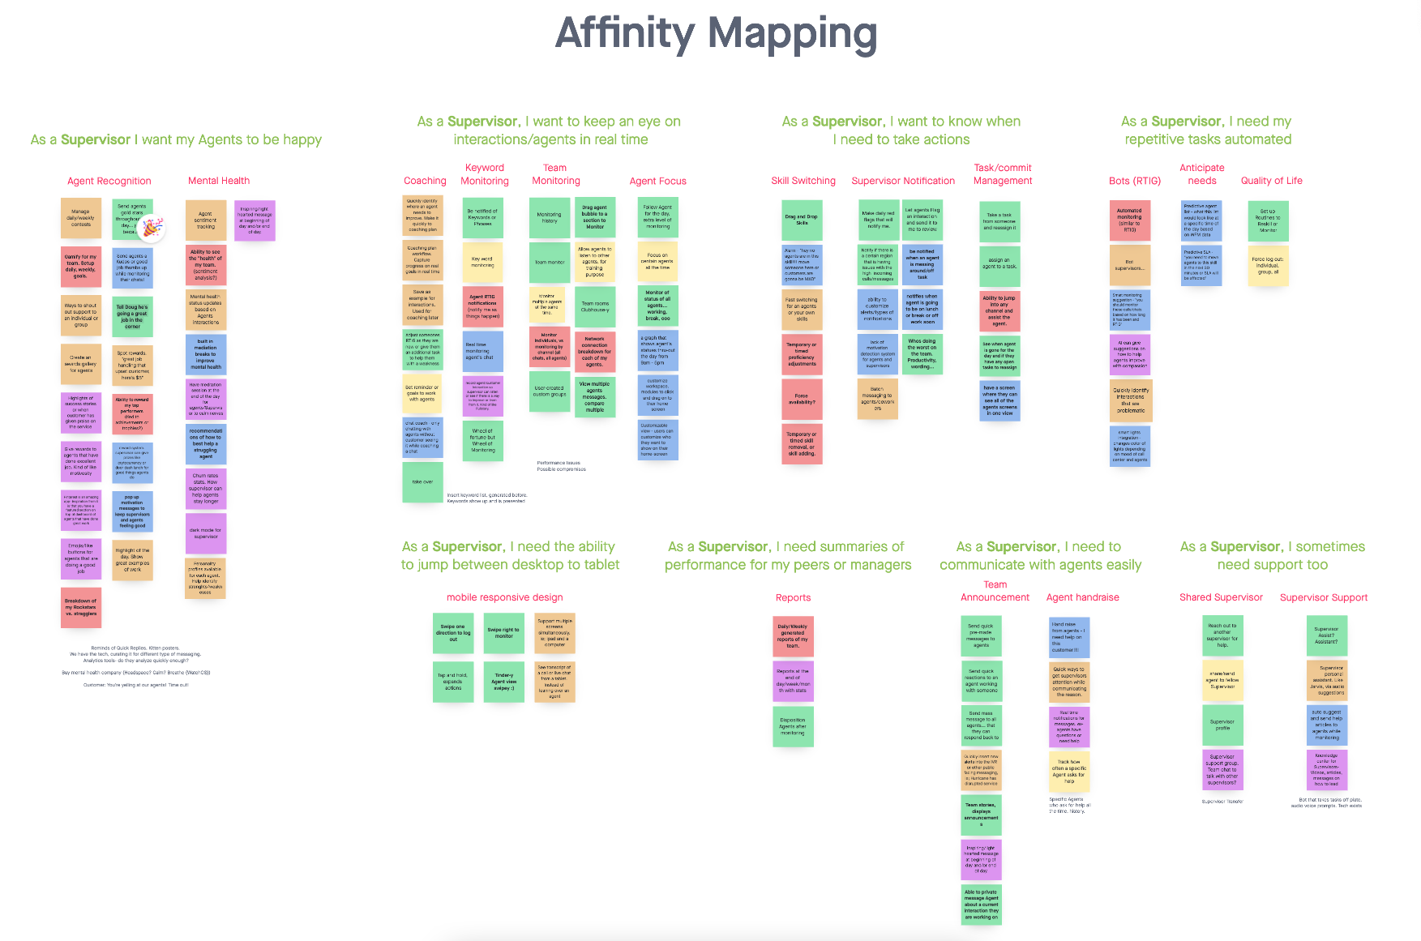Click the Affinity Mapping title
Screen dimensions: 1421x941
[x=716, y=34]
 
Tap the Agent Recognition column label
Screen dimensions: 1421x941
[x=109, y=181]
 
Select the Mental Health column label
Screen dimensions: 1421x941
[x=219, y=181]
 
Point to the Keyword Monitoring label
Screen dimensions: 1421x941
[x=485, y=174]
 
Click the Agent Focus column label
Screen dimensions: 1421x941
[x=657, y=181]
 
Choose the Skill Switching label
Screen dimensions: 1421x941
[x=803, y=181]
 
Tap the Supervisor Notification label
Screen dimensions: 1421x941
[x=903, y=181]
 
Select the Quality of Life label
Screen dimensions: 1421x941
[x=1271, y=181]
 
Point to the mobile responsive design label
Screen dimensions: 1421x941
[x=504, y=597]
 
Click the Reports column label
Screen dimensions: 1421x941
[x=793, y=597]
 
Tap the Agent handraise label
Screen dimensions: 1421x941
[x=1082, y=597]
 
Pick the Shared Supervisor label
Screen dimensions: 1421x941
[x=1221, y=597]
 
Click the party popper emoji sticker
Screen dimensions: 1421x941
[x=152, y=229]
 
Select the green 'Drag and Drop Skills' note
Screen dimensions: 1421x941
[x=802, y=220]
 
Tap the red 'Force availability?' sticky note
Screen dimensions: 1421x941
[x=802, y=399]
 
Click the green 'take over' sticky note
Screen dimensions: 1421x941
[x=422, y=481]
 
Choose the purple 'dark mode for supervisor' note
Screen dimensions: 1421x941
[x=205, y=533]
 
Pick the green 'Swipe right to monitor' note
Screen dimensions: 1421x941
[x=503, y=633]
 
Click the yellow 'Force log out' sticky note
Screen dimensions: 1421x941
[x=1268, y=266]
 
